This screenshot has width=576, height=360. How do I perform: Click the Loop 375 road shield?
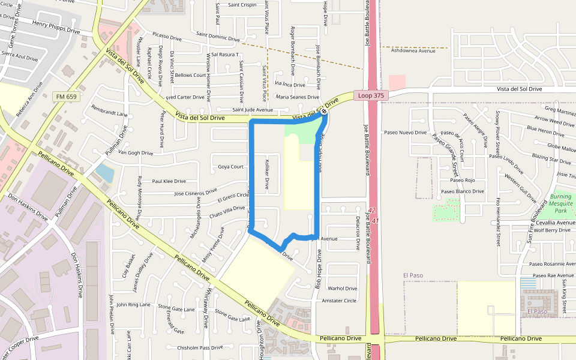371,95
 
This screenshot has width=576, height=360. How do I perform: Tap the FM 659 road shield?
67,96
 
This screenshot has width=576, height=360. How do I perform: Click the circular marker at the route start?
324,110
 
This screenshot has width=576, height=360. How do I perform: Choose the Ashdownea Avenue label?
413,51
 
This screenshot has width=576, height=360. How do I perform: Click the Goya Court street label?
230,167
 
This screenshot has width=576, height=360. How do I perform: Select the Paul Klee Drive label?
169,181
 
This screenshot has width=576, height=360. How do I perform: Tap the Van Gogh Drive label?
136,153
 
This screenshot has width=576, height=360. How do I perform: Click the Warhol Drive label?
342,289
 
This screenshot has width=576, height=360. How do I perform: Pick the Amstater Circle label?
339,301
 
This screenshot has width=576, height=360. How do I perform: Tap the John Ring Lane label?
134,305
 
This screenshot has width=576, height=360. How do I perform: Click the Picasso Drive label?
167,38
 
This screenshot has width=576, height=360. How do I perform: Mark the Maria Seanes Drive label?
297,97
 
